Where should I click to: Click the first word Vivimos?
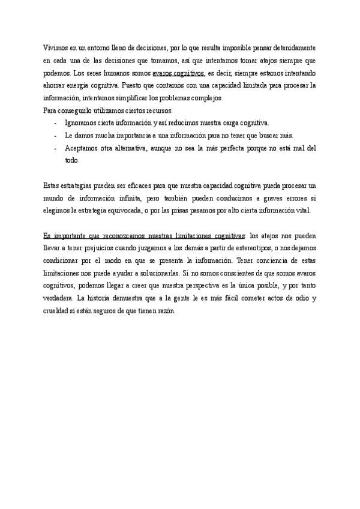click(56, 47)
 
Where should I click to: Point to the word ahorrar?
click(55, 85)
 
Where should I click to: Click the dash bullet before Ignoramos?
click(55, 123)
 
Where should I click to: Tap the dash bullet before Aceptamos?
click(55, 148)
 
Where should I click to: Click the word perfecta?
click(235, 148)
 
